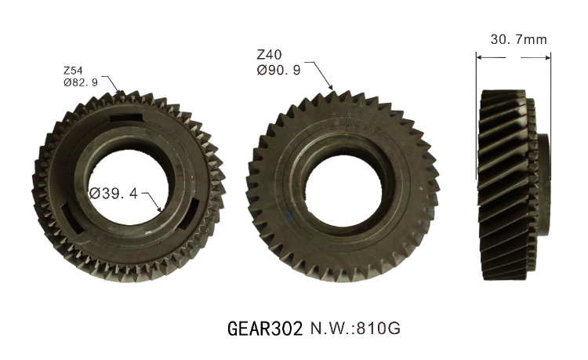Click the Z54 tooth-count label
[x=73, y=71]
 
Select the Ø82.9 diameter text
[x=81, y=82]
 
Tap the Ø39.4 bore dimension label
[x=114, y=194]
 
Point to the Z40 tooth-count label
[x=269, y=55]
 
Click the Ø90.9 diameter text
[x=278, y=70]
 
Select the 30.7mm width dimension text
[x=519, y=39]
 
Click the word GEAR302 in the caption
[x=265, y=329]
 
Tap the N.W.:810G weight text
[x=355, y=329]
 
